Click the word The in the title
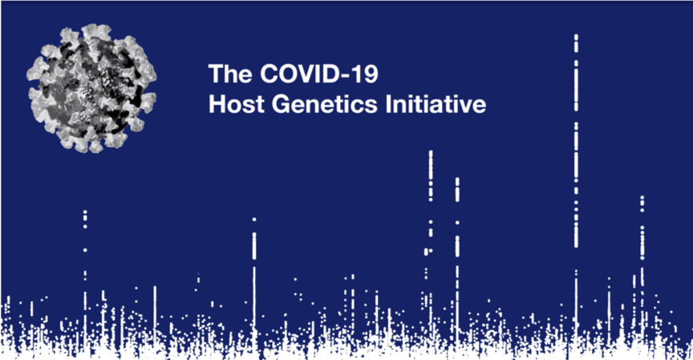point(231,74)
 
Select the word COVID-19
point(319,74)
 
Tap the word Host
point(237,103)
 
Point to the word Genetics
point(325,105)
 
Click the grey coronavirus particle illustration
point(92,88)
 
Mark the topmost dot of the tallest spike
point(576,36)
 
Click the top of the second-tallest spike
point(431,153)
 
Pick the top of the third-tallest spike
point(457,180)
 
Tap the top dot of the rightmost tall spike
point(642,198)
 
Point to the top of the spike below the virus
point(85,212)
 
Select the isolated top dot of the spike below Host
point(254,219)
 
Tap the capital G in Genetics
point(281,103)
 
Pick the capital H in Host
point(217,103)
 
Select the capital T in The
point(216,74)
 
